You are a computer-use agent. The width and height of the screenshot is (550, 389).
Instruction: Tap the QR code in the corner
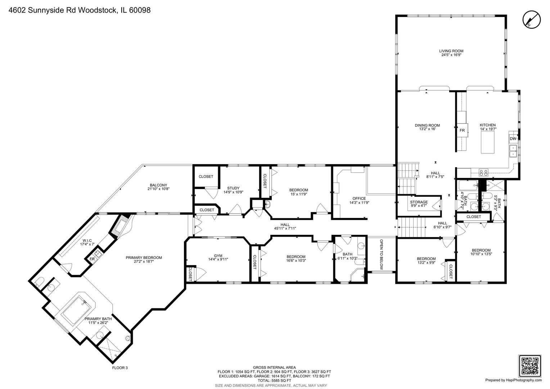(530, 366)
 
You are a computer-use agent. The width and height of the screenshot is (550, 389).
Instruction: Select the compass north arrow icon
(532, 19)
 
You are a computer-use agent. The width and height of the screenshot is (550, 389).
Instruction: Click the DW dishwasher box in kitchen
(513, 139)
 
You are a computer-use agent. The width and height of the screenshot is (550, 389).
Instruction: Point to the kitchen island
(488, 142)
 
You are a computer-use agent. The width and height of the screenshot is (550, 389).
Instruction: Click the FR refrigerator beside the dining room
(462, 130)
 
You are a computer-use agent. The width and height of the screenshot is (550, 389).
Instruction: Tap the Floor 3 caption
(120, 368)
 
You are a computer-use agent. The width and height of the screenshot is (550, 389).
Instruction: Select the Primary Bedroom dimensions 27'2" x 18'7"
(144, 262)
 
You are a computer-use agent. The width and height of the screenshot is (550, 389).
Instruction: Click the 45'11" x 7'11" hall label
(285, 228)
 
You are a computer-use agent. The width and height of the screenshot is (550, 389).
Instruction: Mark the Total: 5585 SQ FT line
(274, 380)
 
